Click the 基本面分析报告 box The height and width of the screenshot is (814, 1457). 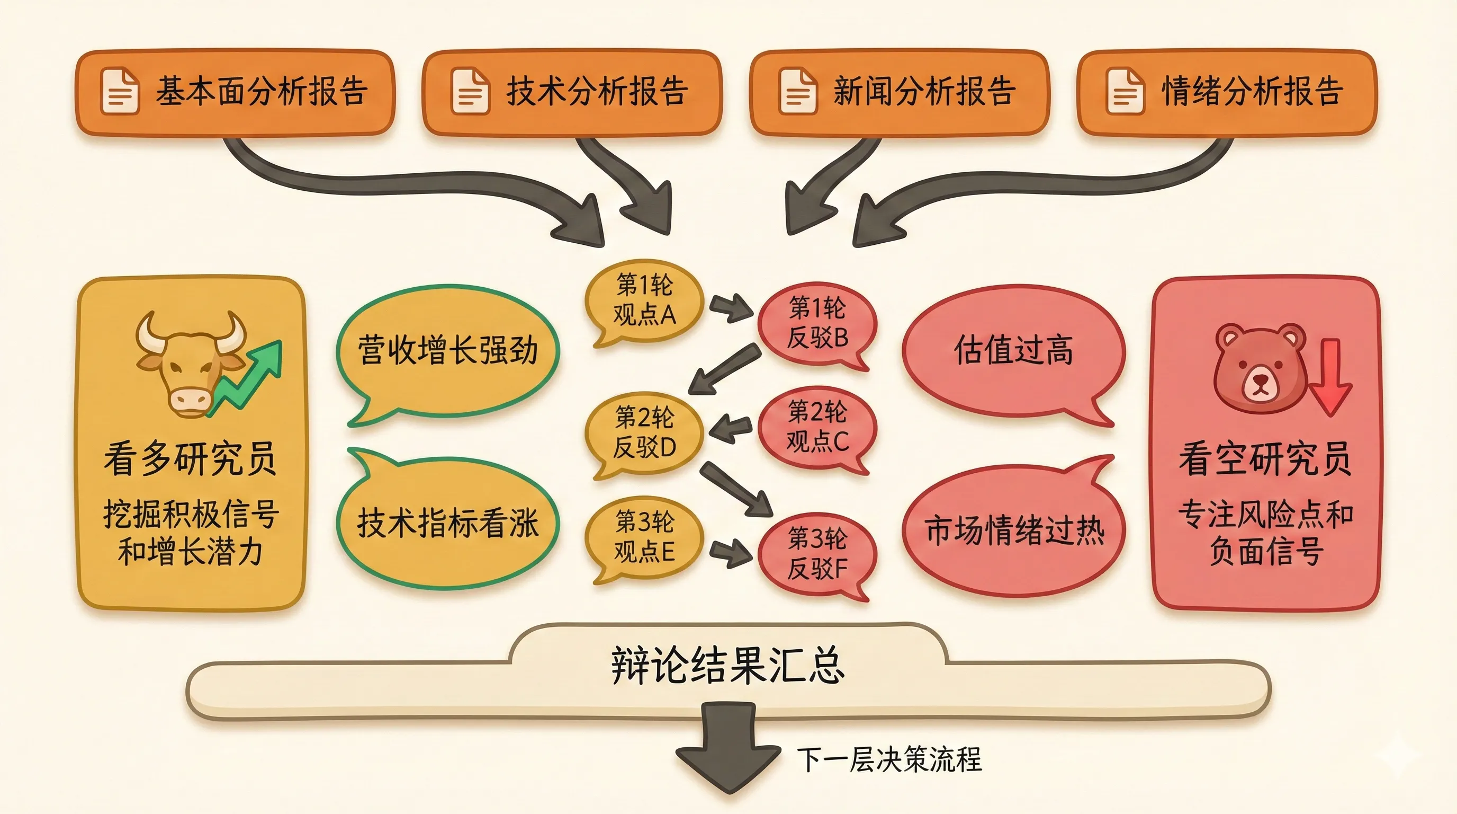pos(235,92)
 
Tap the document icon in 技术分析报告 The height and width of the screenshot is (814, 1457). pos(470,92)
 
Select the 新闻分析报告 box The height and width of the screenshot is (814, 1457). pos(900,92)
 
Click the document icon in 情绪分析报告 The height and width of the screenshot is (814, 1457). pos(1125,92)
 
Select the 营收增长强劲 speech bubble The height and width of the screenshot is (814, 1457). pos(447,351)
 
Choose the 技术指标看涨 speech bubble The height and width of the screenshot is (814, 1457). pos(447,524)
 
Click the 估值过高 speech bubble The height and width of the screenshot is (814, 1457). pos(1012,351)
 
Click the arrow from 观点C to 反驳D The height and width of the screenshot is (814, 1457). pos(731,429)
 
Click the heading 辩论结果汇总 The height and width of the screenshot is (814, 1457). pos(727,665)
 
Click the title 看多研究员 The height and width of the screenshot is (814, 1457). pos(190,458)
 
